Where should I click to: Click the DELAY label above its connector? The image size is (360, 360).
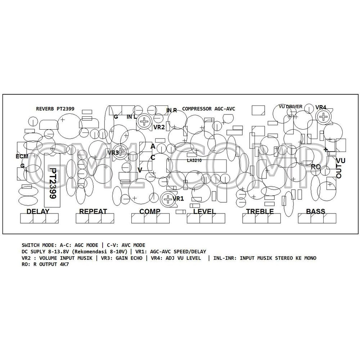38,211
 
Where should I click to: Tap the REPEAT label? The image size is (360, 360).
93,211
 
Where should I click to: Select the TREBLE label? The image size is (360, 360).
260,211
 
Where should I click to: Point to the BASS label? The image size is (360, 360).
315,211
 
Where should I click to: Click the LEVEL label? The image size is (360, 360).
204,211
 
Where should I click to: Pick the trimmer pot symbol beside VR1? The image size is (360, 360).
168,199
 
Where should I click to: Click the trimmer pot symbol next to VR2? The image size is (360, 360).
144,121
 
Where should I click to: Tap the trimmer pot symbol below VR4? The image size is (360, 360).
323,117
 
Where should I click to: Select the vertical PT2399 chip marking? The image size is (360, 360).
53,183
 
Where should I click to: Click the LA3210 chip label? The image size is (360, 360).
194,161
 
